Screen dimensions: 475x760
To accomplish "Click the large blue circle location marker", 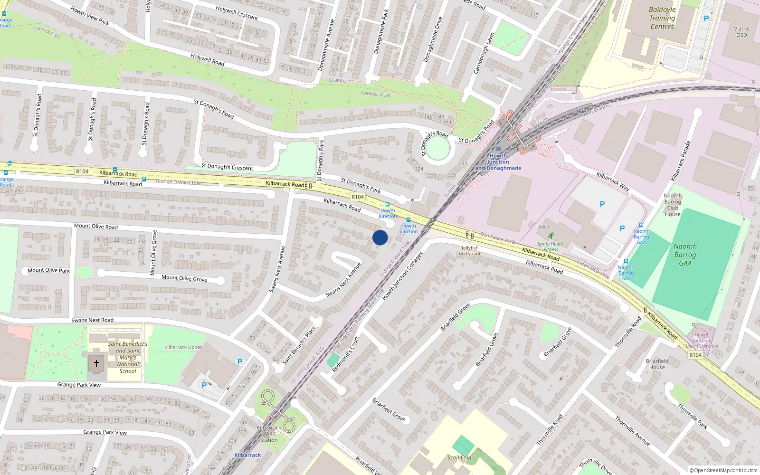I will [x=380, y=237].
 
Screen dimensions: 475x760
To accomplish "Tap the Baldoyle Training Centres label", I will [x=662, y=18].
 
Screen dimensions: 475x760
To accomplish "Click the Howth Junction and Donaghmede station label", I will [x=498, y=162].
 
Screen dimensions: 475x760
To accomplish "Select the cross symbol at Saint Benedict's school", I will [x=96, y=363].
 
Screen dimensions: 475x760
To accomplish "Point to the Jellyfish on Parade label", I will [x=470, y=251].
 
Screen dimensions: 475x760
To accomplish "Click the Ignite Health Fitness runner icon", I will [x=551, y=236].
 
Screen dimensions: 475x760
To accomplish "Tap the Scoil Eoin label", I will [x=459, y=457].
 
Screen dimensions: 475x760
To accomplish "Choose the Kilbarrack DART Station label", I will [x=269, y=434].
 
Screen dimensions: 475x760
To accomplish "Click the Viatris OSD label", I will [x=741, y=32].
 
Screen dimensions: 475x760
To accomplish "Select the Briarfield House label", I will [x=657, y=364].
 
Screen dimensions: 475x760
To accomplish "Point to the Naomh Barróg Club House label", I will [x=673, y=205].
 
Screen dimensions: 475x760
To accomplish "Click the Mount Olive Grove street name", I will [x=184, y=278].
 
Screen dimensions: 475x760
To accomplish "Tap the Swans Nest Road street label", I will [x=92, y=320].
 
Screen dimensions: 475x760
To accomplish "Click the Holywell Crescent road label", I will [x=237, y=13].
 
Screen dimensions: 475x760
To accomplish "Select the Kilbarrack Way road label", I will [x=613, y=182].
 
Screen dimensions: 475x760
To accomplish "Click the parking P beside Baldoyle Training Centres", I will [x=706, y=19].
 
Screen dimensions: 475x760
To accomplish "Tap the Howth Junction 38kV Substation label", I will [x=701, y=341].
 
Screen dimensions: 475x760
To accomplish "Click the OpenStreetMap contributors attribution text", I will [x=723, y=471].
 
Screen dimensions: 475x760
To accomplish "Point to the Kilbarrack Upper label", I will [x=183, y=347].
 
